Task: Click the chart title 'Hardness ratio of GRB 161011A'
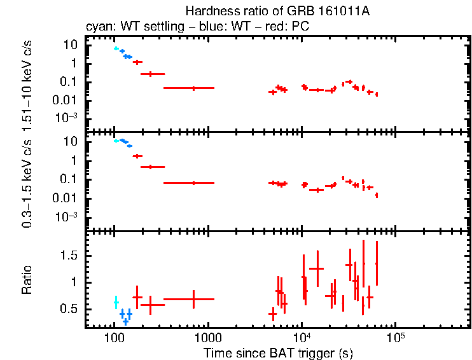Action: tap(277, 11)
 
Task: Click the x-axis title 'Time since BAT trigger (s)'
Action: tap(277, 352)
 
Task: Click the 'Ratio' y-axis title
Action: tap(27, 280)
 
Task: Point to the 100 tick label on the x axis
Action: tap(114, 337)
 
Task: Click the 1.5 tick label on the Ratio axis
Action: tap(71, 255)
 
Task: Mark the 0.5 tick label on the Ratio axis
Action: tap(71, 308)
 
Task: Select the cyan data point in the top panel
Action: tap(116, 48)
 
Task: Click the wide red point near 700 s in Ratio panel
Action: tap(194, 299)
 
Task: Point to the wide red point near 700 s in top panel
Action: tap(194, 88)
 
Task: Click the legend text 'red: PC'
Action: tap(291, 27)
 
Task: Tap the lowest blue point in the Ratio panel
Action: tap(126, 321)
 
